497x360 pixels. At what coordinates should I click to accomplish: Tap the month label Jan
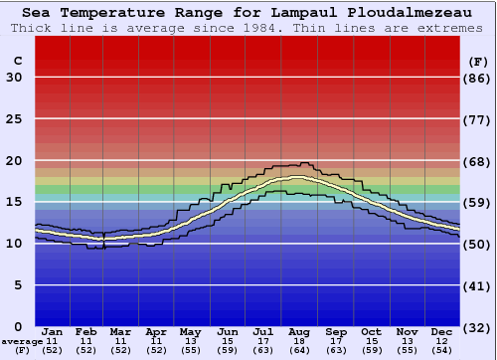54,331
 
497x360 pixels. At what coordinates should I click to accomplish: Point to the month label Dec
442,331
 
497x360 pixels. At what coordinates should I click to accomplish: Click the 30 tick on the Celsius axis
14,78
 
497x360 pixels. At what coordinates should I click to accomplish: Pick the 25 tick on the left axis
14,119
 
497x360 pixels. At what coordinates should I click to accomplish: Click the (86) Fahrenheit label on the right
478,78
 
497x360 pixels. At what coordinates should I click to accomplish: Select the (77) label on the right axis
478,119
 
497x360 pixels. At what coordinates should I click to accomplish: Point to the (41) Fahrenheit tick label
478,285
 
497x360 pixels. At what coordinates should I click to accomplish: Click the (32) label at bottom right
478,327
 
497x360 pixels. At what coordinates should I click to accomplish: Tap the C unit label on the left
16,61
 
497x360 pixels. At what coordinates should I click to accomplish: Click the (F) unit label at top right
477,61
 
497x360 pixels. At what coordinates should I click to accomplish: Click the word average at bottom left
21,341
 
